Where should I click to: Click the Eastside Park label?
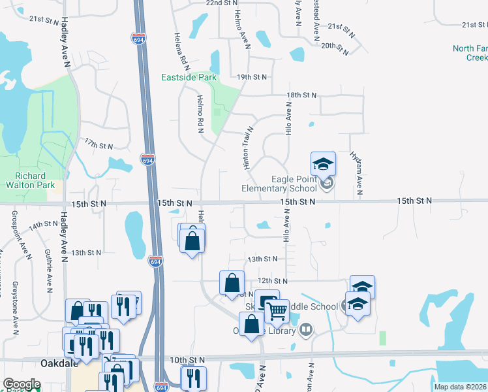click(x=189, y=78)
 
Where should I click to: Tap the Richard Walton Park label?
click(x=31, y=180)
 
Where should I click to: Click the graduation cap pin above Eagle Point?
click(x=323, y=165)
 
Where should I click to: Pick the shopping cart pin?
click(x=277, y=312)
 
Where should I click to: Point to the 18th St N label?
click(x=301, y=95)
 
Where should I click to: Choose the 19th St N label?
click(x=252, y=77)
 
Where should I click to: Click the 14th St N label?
click(x=43, y=224)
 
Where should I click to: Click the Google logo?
click(x=22, y=384)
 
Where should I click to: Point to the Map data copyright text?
click(x=461, y=387)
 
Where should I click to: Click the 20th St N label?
click(x=337, y=46)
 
